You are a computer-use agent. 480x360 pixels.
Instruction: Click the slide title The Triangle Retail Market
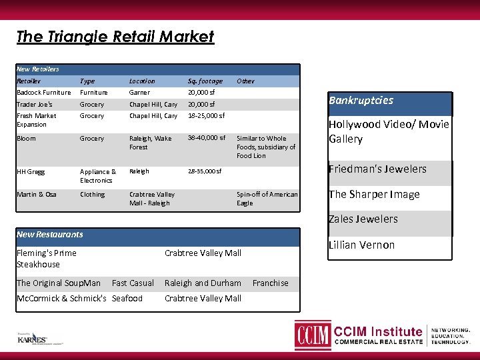point(115,36)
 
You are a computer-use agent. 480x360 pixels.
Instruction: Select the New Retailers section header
point(38,69)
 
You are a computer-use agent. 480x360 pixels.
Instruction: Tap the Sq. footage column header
point(205,81)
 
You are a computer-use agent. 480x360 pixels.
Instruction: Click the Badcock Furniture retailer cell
point(43,93)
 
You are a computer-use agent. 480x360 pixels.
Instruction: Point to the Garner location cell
point(139,93)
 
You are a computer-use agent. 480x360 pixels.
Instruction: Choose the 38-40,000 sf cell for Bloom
point(207,138)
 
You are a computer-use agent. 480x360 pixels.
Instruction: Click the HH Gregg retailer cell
point(31,171)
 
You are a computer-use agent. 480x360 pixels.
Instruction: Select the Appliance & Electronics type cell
point(98,175)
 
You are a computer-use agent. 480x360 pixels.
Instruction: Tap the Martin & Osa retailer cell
point(37,195)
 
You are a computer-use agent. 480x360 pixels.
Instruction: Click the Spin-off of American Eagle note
point(267,199)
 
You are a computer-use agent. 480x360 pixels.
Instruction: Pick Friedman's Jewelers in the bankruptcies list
point(377,169)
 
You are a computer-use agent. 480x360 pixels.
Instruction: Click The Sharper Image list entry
point(374,194)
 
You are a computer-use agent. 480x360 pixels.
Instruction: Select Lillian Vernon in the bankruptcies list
point(361,245)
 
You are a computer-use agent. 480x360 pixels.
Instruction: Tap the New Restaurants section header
point(50,234)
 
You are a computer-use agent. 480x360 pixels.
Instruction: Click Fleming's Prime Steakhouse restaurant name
point(47,258)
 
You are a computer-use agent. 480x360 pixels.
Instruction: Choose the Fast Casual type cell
point(133,283)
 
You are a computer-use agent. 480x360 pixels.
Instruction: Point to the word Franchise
point(270,283)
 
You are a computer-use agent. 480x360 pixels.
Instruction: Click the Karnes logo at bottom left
point(31,338)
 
